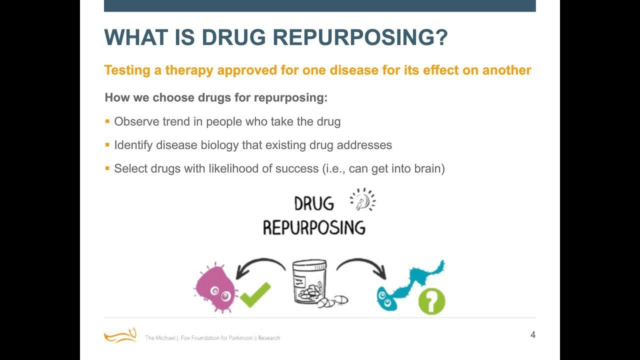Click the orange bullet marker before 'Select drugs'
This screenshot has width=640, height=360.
pos(107,168)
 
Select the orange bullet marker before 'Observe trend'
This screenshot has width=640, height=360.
pos(107,121)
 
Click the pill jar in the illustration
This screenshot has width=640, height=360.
pos(310,282)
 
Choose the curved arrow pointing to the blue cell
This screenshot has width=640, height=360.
pos(362,267)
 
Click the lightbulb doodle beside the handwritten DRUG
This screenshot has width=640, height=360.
pos(363,200)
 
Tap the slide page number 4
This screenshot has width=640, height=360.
pos(532,335)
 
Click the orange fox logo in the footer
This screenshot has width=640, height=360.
pos(120,335)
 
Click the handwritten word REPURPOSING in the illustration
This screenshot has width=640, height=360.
pos(314,228)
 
